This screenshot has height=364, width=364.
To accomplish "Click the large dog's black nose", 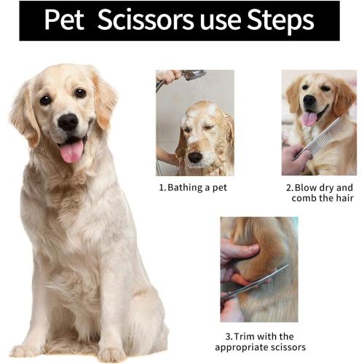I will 68,122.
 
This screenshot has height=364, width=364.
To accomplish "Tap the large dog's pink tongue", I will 71,151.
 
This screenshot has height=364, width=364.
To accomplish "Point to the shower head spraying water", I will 194,75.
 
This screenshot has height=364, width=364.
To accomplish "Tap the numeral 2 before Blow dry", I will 288,187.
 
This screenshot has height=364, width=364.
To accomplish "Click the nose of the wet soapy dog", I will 195,156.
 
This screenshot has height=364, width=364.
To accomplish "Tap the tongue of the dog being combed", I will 310,119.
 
